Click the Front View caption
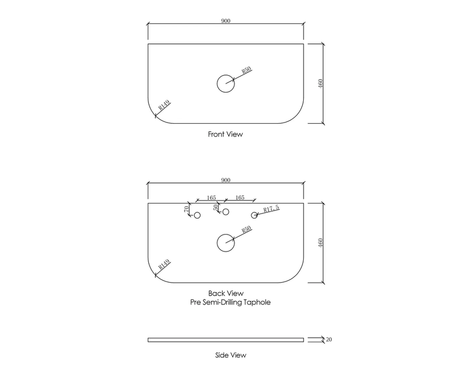225,134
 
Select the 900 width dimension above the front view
226,21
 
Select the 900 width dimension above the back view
226,178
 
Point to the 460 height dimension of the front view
320,83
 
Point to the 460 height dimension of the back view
320,242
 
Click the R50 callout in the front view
246,70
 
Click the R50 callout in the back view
246,229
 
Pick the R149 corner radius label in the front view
164,106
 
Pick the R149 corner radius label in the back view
164,264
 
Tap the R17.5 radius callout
271,209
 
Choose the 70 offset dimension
187,209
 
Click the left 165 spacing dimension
211,198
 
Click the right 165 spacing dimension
240,198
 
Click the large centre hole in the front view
226,84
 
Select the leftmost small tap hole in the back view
197,216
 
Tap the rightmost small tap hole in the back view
254,216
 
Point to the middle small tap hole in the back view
226,212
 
